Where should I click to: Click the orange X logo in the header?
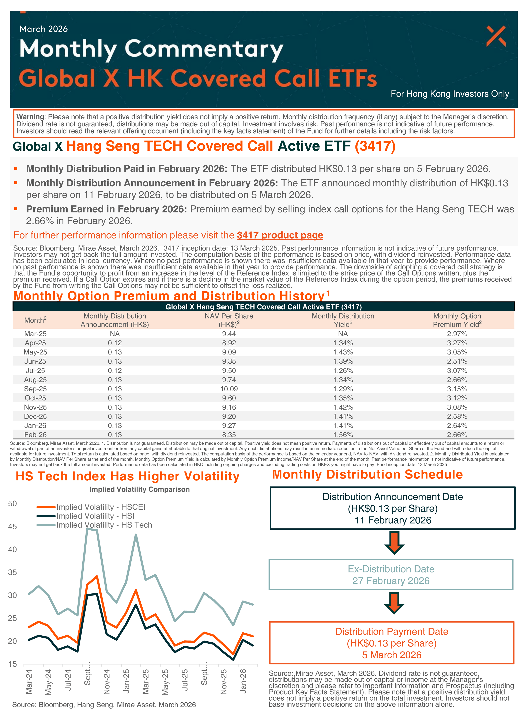496,36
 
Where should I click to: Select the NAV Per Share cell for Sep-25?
229,389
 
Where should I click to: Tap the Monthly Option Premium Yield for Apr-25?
457,343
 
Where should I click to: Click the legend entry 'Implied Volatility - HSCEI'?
101,507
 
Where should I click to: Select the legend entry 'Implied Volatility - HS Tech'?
104,525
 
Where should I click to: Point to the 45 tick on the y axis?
12,527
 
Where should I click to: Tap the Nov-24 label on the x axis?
107,681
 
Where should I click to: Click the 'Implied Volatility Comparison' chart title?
139,489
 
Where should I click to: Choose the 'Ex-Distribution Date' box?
391,575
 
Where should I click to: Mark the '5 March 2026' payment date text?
392,655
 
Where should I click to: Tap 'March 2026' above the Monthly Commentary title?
44,29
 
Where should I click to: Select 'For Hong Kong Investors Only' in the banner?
450,94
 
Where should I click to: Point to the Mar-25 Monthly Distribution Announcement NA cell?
115,334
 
